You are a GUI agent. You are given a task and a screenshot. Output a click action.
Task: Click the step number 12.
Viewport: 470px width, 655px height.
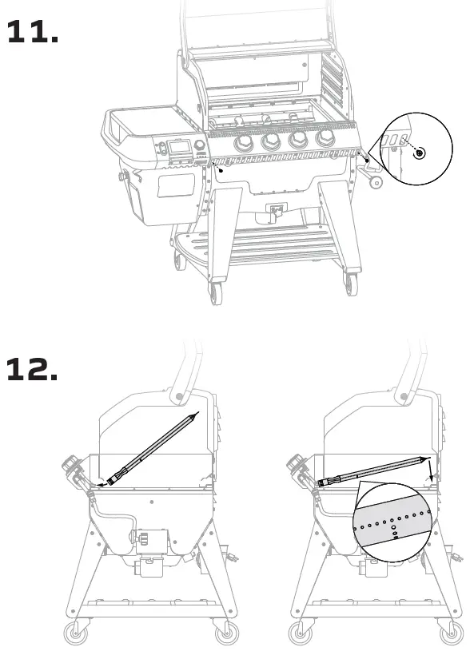[32, 369]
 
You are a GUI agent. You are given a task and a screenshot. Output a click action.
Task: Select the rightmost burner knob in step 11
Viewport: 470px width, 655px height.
[325, 138]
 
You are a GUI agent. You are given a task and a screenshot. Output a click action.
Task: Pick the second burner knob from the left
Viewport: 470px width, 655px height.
[271, 142]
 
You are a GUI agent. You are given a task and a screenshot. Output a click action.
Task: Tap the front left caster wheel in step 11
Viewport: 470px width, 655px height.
[214, 293]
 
